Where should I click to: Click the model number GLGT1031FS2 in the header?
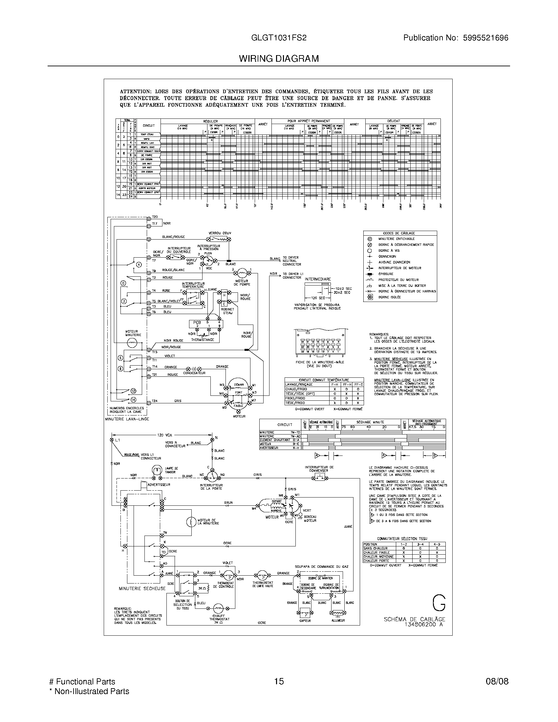(x=279, y=38)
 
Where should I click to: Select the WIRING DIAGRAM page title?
(x=279, y=59)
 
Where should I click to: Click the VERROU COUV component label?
(x=220, y=233)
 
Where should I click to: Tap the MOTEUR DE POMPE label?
(x=242, y=283)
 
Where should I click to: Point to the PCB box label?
(x=197, y=322)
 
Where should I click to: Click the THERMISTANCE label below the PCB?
(x=202, y=340)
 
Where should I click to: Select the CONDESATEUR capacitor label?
(x=194, y=373)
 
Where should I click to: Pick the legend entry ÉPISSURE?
(x=386, y=274)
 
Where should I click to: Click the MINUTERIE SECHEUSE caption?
(x=142, y=588)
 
